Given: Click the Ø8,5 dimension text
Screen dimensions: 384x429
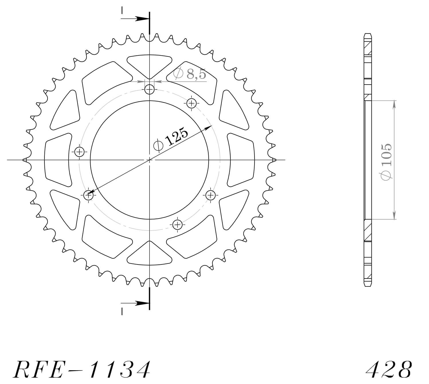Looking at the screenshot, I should [190, 74].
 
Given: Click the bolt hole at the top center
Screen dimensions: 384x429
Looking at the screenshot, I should [149, 90].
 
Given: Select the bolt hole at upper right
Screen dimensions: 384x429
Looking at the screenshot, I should [191, 103].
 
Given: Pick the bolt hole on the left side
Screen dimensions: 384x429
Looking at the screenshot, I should [79, 151].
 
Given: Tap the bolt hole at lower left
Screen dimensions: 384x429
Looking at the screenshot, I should [89, 195].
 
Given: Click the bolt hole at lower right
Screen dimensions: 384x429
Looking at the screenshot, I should [211, 195].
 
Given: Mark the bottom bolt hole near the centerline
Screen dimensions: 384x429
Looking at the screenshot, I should [177, 224].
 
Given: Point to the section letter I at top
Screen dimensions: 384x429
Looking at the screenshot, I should [122, 11].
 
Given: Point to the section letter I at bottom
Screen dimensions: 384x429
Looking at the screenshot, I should [122, 311].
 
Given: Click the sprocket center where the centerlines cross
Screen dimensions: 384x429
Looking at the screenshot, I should [149, 160].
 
